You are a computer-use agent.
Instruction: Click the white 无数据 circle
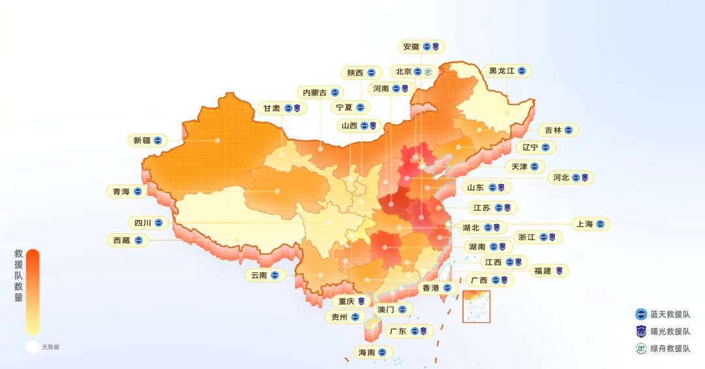(33, 347)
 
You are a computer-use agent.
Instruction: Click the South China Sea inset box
(476, 306)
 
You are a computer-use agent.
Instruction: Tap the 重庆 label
(347, 302)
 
